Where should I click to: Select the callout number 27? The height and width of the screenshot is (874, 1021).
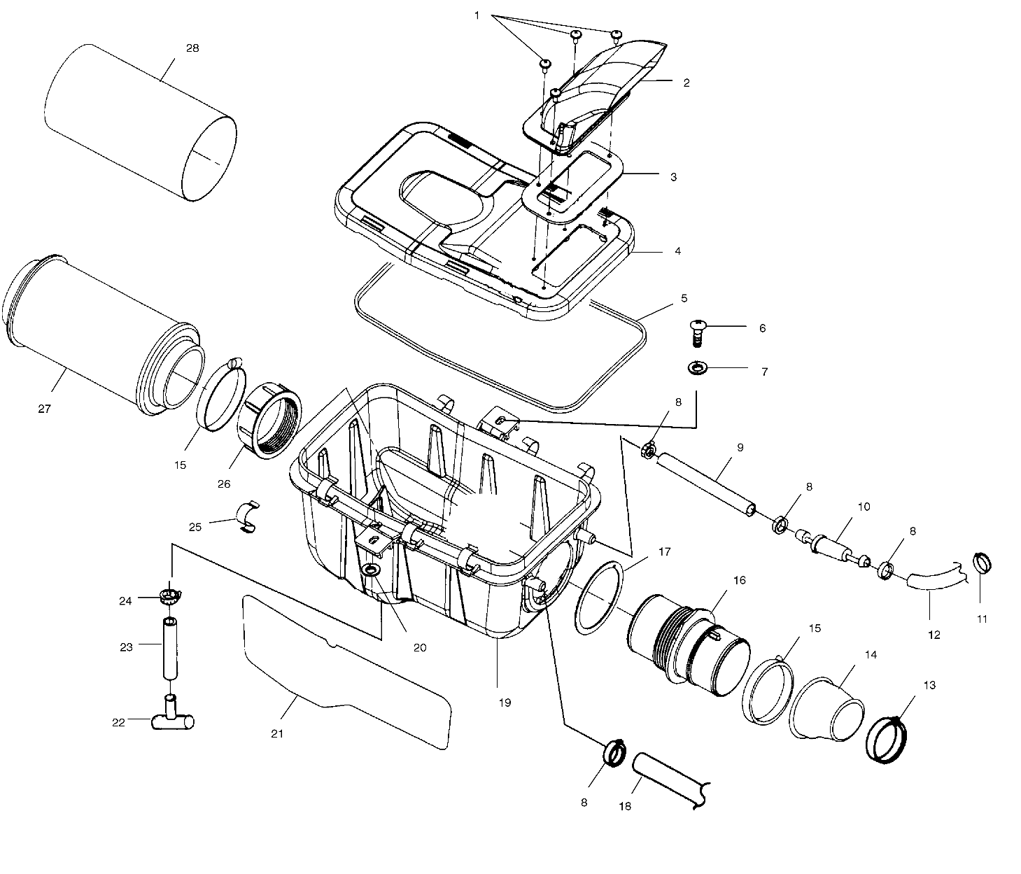[x=45, y=409]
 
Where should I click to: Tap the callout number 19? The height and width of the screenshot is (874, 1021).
[x=505, y=703]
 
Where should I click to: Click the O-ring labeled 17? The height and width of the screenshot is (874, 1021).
[x=598, y=596]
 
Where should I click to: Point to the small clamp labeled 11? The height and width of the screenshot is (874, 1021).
[x=982, y=563]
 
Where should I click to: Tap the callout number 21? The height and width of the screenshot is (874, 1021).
[x=277, y=733]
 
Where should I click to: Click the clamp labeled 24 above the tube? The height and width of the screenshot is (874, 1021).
[x=169, y=597]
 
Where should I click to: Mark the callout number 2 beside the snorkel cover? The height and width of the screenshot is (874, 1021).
[x=686, y=83]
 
